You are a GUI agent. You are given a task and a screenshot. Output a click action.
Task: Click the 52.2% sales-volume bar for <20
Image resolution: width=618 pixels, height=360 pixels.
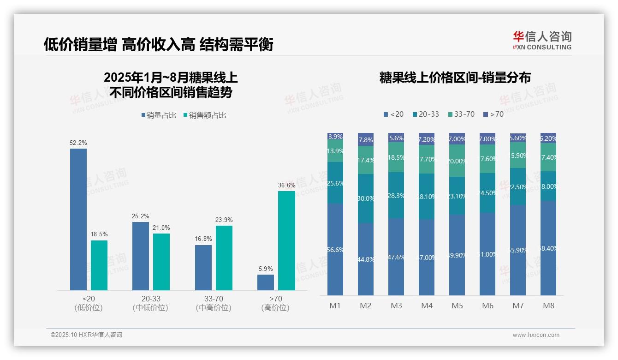click(x=78, y=219)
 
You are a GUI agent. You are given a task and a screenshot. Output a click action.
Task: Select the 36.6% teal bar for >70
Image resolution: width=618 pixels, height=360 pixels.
click(x=286, y=240)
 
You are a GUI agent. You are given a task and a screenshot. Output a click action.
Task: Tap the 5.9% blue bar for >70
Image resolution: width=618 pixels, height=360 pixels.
click(x=266, y=282)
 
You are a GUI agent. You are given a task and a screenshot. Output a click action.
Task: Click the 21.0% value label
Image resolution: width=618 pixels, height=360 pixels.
click(x=161, y=228)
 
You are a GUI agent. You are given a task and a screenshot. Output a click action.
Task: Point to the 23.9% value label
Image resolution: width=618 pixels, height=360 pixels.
click(x=224, y=220)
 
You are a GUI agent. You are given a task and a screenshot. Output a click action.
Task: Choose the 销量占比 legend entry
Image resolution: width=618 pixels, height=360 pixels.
click(x=158, y=115)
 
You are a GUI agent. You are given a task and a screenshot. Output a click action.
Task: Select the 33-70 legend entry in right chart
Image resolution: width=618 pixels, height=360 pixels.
click(x=461, y=114)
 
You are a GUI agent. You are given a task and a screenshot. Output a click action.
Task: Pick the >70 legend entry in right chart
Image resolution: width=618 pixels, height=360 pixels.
click(x=493, y=114)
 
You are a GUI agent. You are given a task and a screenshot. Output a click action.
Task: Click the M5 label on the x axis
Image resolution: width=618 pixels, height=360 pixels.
click(x=457, y=306)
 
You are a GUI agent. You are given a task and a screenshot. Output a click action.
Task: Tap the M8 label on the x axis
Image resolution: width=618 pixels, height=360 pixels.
click(x=548, y=306)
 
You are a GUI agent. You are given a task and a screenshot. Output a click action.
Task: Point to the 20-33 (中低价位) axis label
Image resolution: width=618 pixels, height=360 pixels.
click(x=150, y=303)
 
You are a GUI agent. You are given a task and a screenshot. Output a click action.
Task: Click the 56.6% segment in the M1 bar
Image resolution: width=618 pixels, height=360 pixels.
click(x=335, y=249)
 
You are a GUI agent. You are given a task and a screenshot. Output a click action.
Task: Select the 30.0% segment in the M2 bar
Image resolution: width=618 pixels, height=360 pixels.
click(x=366, y=198)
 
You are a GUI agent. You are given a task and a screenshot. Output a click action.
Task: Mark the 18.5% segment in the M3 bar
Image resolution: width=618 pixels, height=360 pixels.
click(x=396, y=157)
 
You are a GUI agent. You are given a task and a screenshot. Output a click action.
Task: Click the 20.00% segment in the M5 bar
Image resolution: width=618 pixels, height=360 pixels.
click(x=457, y=161)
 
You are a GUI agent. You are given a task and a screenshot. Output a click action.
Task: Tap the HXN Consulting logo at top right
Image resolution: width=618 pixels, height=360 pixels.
click(x=542, y=40)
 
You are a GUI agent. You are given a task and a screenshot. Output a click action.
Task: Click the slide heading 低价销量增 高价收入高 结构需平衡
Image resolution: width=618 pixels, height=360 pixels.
click(x=159, y=44)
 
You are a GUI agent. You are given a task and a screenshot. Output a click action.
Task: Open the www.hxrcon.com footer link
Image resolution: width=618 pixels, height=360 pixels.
click(x=536, y=335)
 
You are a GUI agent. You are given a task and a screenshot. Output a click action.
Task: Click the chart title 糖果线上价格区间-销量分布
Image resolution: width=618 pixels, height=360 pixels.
click(x=455, y=78)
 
